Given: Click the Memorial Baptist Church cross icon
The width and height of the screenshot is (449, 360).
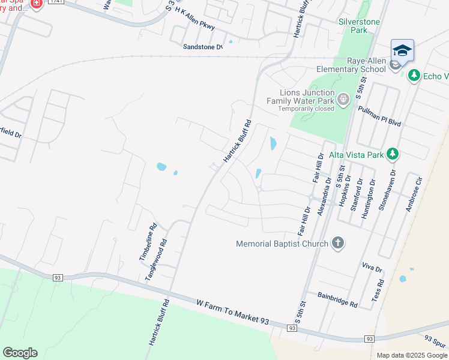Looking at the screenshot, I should point(338,243).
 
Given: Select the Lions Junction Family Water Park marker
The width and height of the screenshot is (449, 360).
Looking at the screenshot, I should point(343,99).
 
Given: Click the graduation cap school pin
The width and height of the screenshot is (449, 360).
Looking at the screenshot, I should point(402,50).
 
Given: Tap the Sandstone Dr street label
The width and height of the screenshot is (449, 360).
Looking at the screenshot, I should point(202,46).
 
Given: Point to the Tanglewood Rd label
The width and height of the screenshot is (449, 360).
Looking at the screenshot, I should point(155,260).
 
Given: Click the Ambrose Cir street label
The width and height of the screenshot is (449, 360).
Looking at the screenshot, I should point(414,194).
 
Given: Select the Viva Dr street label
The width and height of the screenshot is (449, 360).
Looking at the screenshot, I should point(372,267).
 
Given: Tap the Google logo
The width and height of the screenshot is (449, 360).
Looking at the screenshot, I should point(20,353).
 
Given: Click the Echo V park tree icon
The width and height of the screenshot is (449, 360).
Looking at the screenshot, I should point(413,76).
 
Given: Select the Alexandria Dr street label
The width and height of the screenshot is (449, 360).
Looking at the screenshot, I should point(324,196).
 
